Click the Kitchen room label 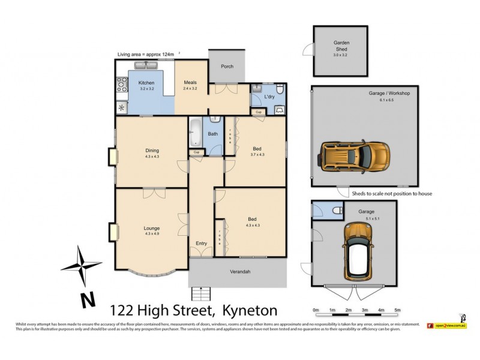tap(146, 83)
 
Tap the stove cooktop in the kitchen tap(121, 85)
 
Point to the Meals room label tap(190, 83)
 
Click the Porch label tap(227, 67)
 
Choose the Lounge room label tap(152, 228)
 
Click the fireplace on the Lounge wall tap(112, 232)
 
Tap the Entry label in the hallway tap(201, 243)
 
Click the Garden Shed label tap(341, 46)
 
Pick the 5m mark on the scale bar tap(397, 310)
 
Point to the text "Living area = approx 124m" tap(146, 55)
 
